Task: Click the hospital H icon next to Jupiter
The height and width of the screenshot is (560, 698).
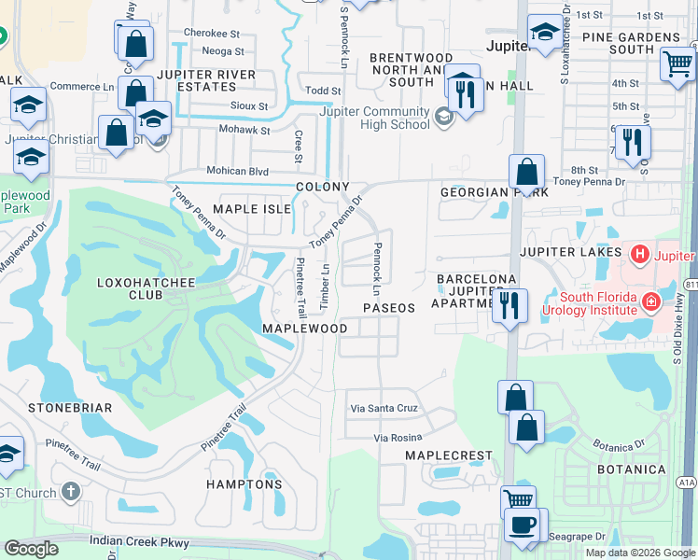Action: click(639, 253)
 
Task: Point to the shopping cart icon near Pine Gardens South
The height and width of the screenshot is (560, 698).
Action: click(677, 65)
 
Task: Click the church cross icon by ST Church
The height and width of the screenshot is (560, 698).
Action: click(71, 492)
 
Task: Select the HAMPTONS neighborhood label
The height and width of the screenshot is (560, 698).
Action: click(246, 484)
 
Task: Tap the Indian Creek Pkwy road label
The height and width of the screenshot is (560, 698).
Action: click(140, 541)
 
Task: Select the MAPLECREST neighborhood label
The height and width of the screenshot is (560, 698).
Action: click(448, 455)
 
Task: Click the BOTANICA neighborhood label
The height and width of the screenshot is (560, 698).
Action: click(632, 469)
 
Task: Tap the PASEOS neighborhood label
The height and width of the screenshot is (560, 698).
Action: click(388, 308)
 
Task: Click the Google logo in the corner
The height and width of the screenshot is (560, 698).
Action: click(31, 549)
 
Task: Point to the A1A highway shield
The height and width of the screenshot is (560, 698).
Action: click(686, 483)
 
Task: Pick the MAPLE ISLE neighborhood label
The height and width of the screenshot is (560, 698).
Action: click(252, 209)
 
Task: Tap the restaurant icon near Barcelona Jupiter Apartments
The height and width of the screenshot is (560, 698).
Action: click(510, 304)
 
